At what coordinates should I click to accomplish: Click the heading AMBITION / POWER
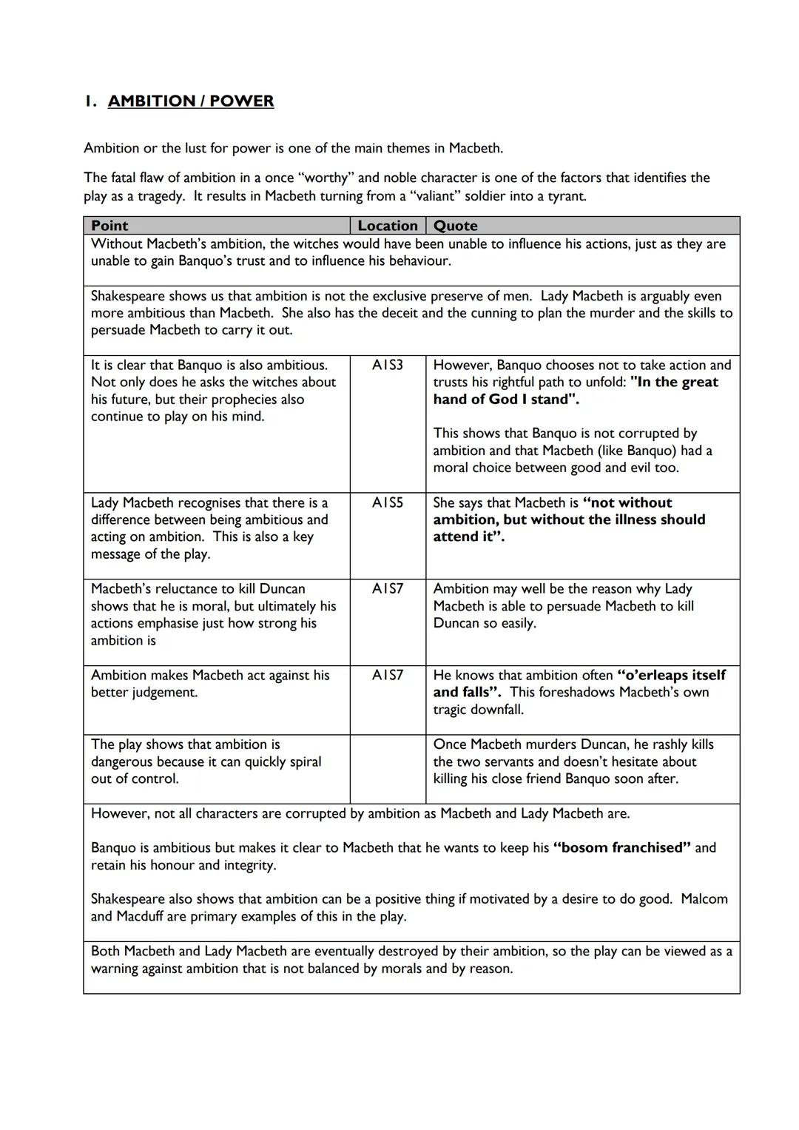point(191,101)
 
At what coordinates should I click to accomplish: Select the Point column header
point(109,226)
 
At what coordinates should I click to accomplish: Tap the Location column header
point(388,226)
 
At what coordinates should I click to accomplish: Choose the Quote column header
point(455,226)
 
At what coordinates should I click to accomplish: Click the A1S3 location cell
point(388,365)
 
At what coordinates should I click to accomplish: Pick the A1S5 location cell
point(388,502)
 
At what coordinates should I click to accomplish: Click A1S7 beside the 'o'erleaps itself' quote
point(388,675)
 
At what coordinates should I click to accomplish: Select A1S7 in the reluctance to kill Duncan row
point(388,589)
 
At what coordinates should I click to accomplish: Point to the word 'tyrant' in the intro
point(566,196)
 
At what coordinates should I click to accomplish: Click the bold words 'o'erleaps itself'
point(671,675)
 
